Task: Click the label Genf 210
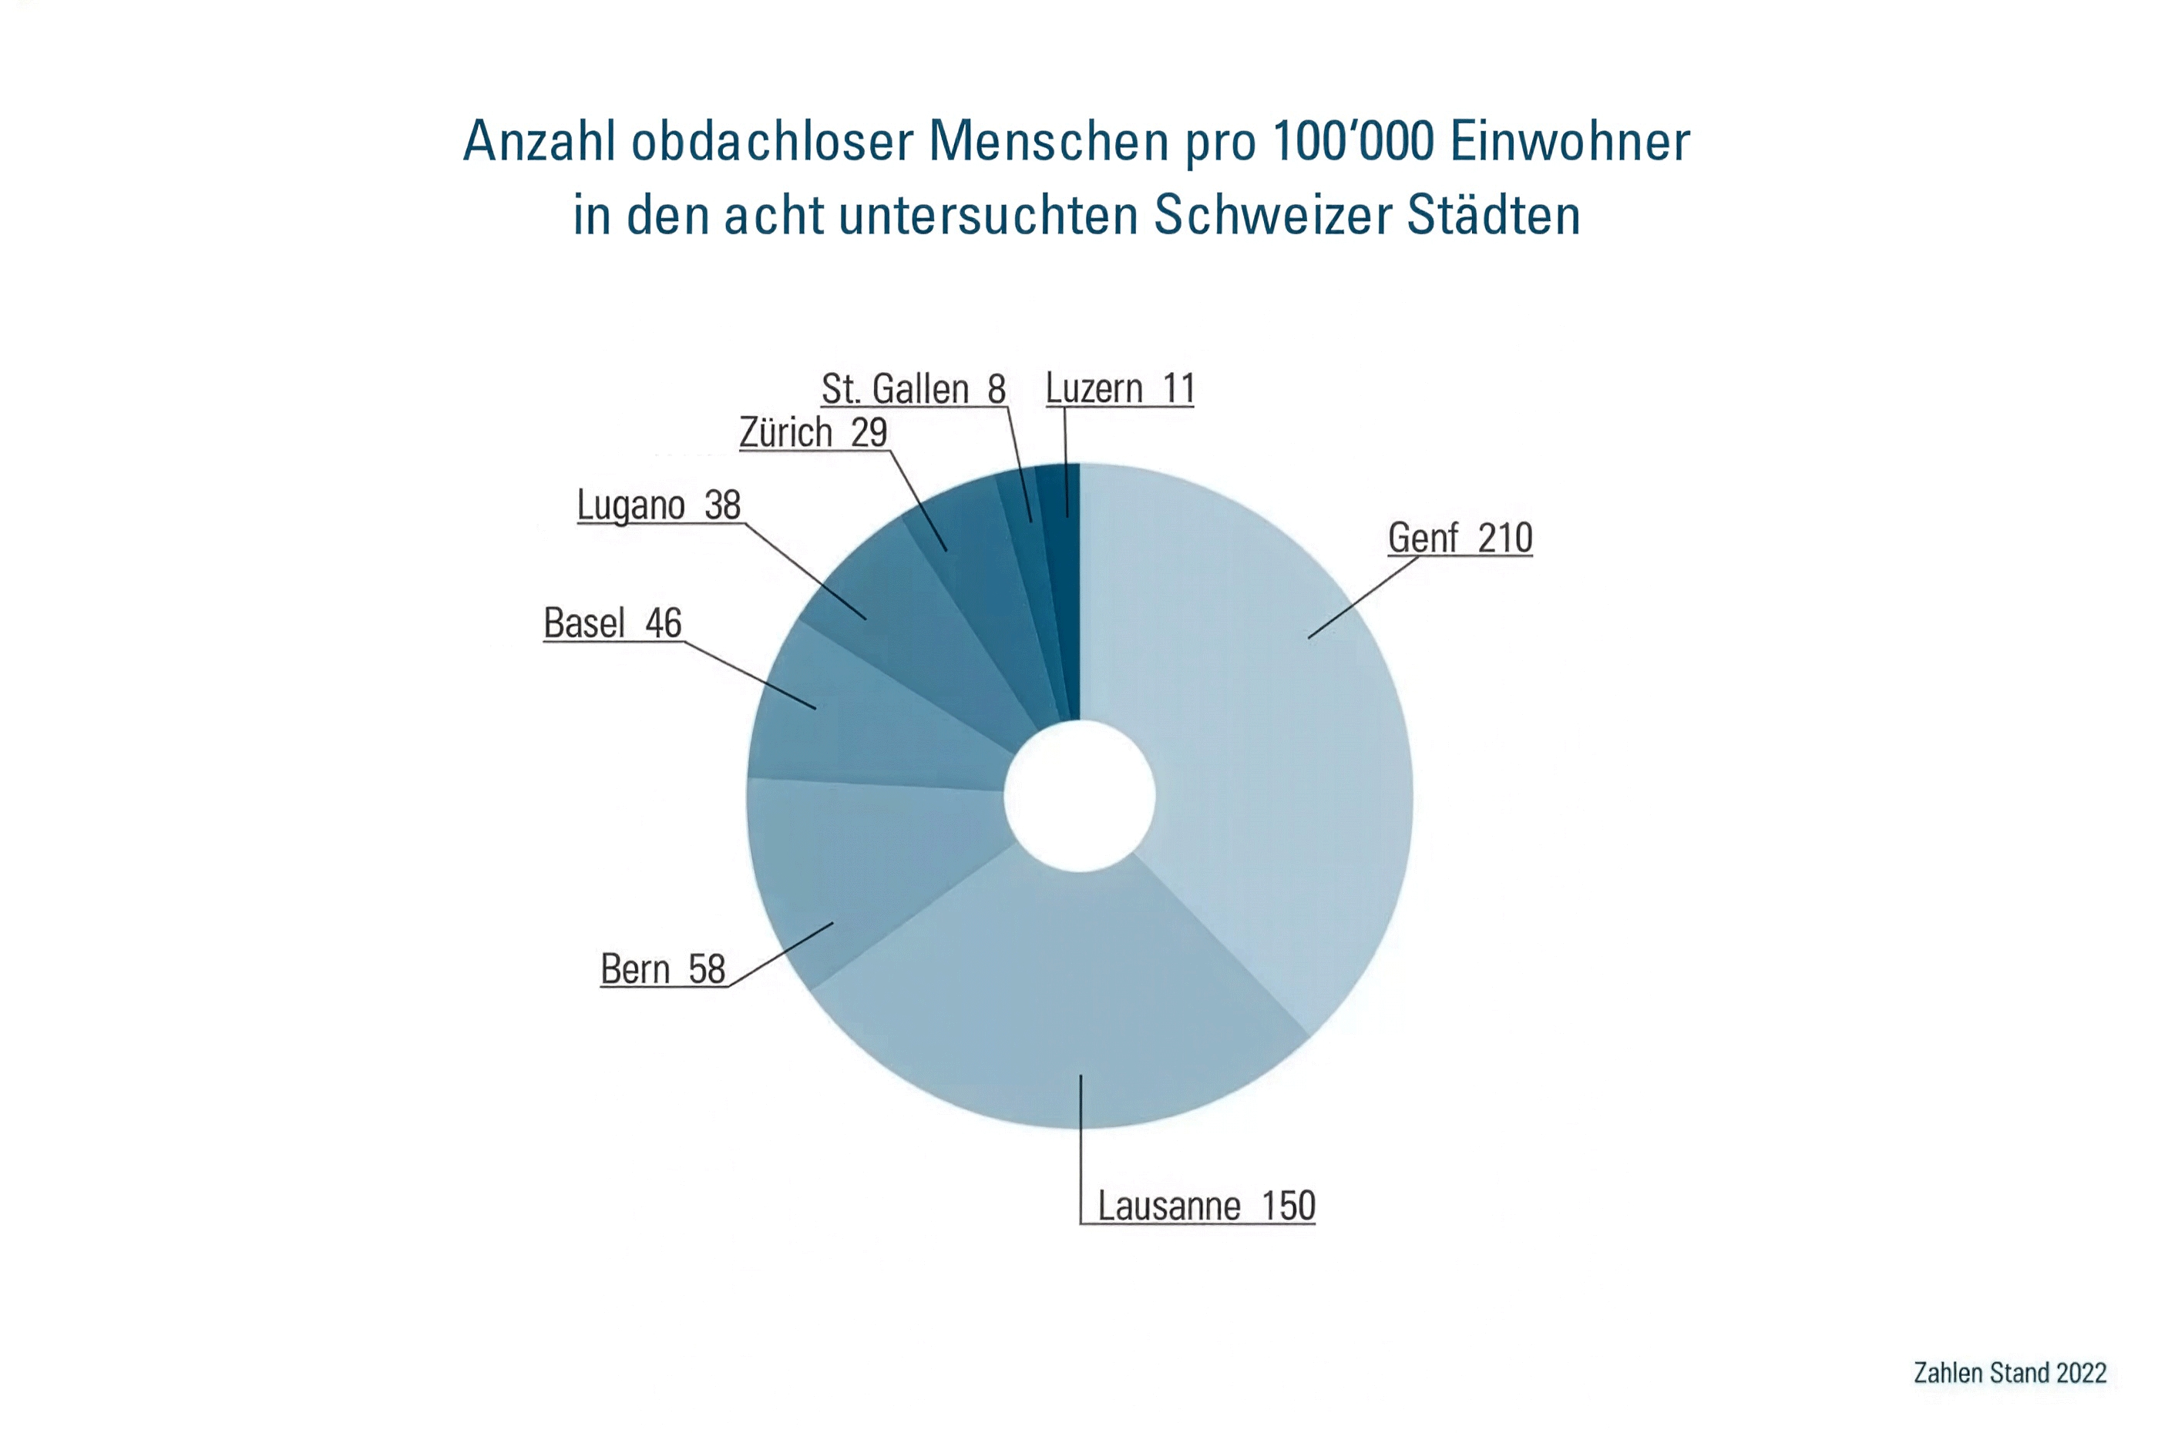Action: pyautogui.click(x=1459, y=538)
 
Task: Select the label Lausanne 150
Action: pyautogui.click(x=1205, y=1206)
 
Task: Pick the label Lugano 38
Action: pyautogui.click(x=657, y=505)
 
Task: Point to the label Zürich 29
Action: pyautogui.click(x=812, y=432)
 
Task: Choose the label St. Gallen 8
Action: pyautogui.click(x=913, y=388)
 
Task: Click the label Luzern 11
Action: pyautogui.click(x=1119, y=388)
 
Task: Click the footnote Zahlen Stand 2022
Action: pyautogui.click(x=2009, y=1373)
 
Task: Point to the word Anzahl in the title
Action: pyautogui.click(x=539, y=142)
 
